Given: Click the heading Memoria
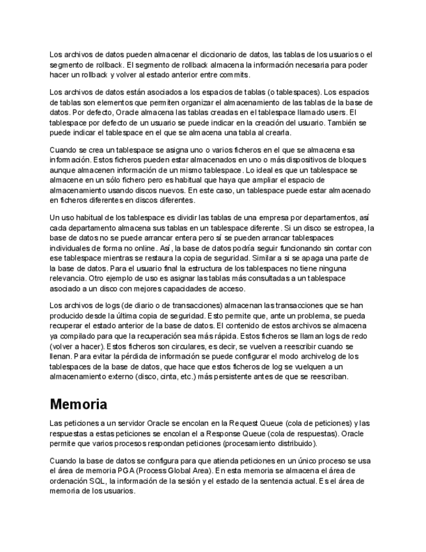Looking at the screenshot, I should (x=78, y=404).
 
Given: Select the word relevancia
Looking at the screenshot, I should (x=68, y=269).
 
